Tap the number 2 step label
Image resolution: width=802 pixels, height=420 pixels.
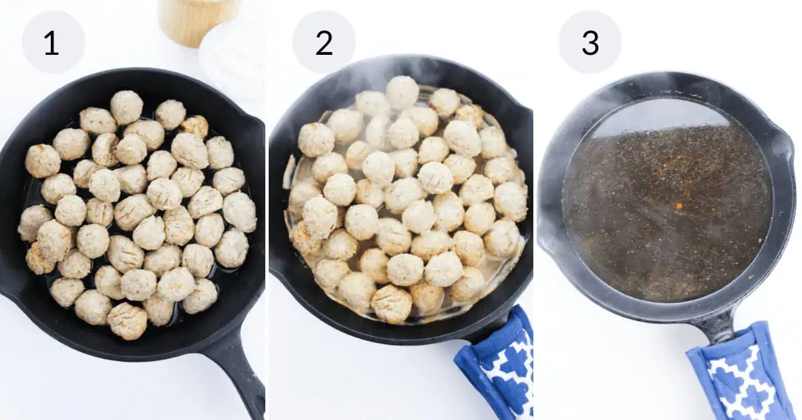(x=323, y=42)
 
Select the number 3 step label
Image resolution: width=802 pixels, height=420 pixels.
(x=590, y=42)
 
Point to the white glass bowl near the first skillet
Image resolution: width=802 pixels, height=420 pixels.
(x=233, y=59)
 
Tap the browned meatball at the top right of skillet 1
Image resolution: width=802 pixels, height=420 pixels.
(x=195, y=126)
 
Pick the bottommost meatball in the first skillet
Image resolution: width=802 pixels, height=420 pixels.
(x=127, y=321)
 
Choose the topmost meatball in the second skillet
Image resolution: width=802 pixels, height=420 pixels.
(x=402, y=92)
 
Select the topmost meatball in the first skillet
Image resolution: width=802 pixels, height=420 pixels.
(x=127, y=108)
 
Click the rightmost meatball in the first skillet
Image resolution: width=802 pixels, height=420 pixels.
(x=239, y=212)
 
